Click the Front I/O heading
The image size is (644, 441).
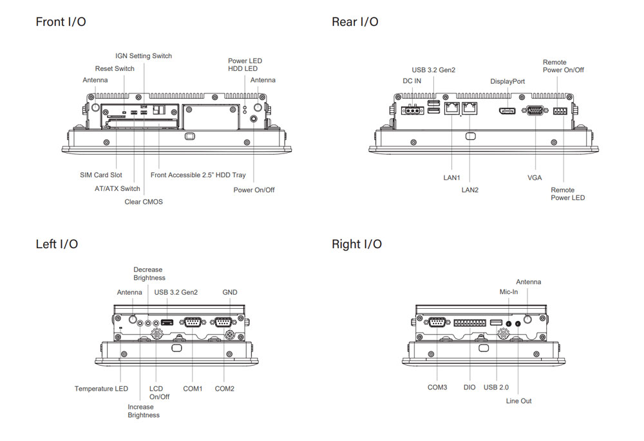click(x=61, y=22)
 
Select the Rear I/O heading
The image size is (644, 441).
click(x=355, y=22)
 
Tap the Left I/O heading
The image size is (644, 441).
click(x=57, y=244)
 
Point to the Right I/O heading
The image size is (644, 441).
click(x=356, y=244)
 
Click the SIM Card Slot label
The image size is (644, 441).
click(x=100, y=175)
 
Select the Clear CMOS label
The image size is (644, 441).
click(x=144, y=202)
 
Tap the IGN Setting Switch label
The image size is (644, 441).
click(x=144, y=56)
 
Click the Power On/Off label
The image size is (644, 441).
click(x=254, y=190)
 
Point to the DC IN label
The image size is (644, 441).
click(x=412, y=81)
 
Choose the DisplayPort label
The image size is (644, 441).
click(x=507, y=81)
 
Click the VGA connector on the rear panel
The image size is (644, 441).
click(x=535, y=111)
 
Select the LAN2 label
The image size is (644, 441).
click(x=470, y=190)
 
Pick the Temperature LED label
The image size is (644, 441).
click(x=101, y=389)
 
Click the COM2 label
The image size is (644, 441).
click(x=225, y=389)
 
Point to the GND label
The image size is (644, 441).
click(x=230, y=292)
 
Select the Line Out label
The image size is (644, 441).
click(x=519, y=401)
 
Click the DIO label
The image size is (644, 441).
click(x=469, y=387)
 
